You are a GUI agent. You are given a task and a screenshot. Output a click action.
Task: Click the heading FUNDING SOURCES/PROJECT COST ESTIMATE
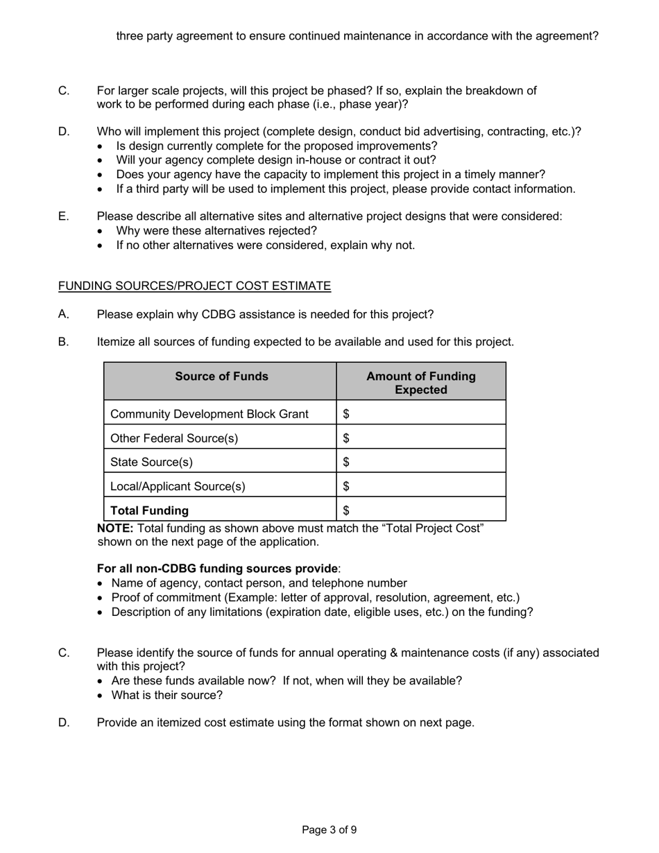click(x=194, y=286)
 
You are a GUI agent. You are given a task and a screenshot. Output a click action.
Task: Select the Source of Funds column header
click(x=221, y=377)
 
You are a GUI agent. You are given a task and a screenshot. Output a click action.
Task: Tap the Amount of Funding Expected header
click(x=420, y=383)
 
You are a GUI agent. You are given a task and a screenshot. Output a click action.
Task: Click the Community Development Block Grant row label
click(x=209, y=414)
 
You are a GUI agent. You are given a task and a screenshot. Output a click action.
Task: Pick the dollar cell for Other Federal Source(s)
click(x=420, y=438)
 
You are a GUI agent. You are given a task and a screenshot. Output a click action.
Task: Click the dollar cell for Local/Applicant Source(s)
click(x=420, y=486)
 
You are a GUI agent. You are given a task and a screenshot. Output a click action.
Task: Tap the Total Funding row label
click(x=150, y=510)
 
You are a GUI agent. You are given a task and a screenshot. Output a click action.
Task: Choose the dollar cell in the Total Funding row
click(x=420, y=510)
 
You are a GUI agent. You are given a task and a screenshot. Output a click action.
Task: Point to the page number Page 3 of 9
click(x=329, y=829)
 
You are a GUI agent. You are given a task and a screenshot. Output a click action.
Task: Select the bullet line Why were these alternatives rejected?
click(x=216, y=230)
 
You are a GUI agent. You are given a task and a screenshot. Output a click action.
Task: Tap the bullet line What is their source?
click(x=166, y=695)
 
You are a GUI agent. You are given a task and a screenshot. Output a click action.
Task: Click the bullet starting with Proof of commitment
click(x=315, y=597)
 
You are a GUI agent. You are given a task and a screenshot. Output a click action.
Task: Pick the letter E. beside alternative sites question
click(x=64, y=216)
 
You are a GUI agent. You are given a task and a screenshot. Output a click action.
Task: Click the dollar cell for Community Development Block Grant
click(x=420, y=414)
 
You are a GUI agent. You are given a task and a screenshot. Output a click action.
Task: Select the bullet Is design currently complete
click(x=277, y=146)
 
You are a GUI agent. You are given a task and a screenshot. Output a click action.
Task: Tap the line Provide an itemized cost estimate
click(x=285, y=723)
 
